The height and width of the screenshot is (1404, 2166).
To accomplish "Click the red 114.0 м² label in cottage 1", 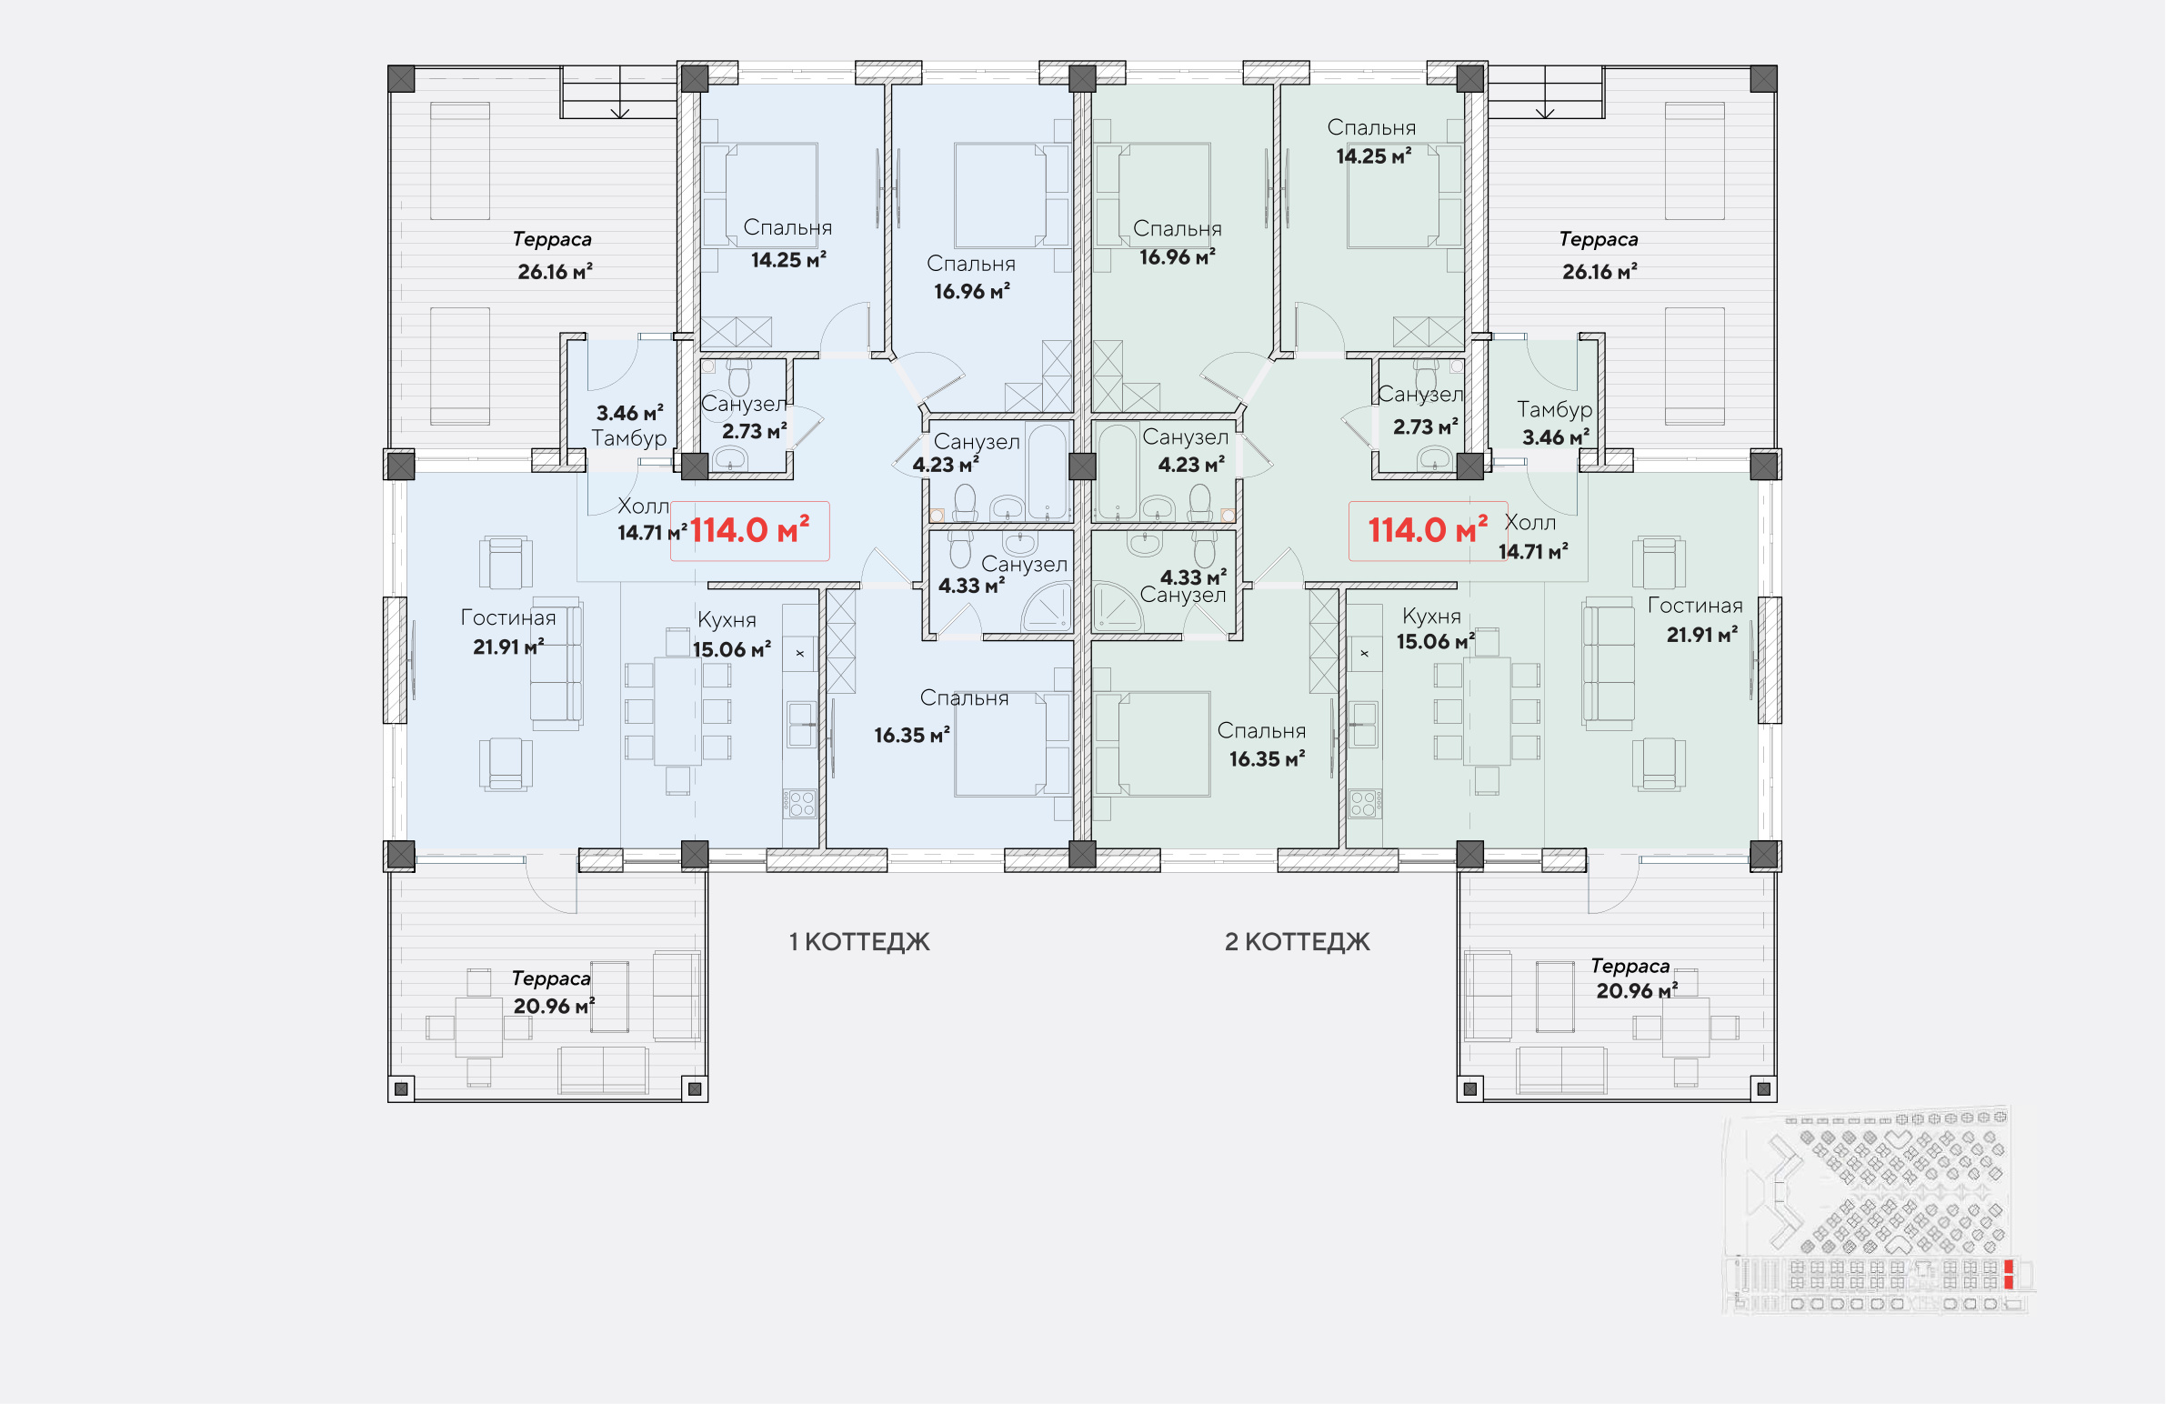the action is pyautogui.click(x=749, y=529).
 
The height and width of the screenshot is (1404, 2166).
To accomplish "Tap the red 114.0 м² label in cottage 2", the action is pyautogui.click(x=1428, y=529).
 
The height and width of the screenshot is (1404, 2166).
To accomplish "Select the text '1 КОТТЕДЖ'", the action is pyautogui.click(x=859, y=942).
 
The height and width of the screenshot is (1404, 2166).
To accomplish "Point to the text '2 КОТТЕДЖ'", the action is pyautogui.click(x=1297, y=942).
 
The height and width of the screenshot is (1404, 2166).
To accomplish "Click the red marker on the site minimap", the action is pyautogui.click(x=2009, y=1274).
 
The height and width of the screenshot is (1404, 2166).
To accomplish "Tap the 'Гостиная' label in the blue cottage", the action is pyautogui.click(x=507, y=617).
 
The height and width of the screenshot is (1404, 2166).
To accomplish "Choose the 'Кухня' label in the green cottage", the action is pyautogui.click(x=1431, y=616).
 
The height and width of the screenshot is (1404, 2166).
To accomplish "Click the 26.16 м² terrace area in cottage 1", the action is pyautogui.click(x=556, y=271).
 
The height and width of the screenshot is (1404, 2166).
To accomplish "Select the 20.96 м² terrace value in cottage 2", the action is pyautogui.click(x=1637, y=991).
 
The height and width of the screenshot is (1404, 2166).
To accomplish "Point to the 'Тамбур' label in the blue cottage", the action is pyautogui.click(x=629, y=438).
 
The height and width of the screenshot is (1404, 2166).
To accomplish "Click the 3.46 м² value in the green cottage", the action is pyautogui.click(x=1555, y=437).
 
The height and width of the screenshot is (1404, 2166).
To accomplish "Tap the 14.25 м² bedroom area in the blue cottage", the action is pyautogui.click(x=788, y=260).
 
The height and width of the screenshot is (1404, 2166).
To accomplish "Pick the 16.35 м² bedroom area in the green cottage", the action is pyautogui.click(x=1267, y=759).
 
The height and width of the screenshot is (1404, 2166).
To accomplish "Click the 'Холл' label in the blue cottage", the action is pyautogui.click(x=643, y=506).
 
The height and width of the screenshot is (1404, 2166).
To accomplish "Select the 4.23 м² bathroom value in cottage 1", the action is pyautogui.click(x=946, y=465).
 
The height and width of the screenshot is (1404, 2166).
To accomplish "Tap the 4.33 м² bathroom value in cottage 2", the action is pyautogui.click(x=1193, y=577).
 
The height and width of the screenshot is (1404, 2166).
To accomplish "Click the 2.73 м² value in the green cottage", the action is pyautogui.click(x=1425, y=426).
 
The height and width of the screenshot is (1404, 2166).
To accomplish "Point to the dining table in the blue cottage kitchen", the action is pyautogui.click(x=677, y=712).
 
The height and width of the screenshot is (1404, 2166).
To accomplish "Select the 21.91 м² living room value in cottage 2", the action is pyautogui.click(x=1702, y=635).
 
